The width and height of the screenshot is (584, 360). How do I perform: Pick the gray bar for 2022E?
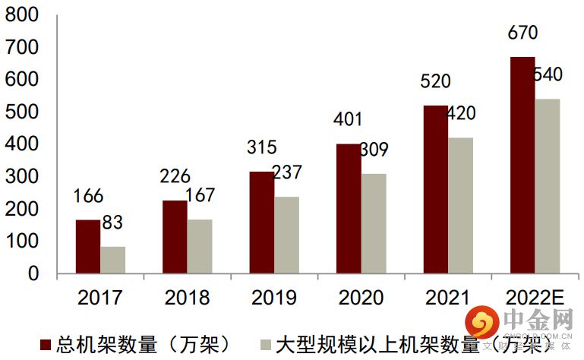tap(548, 185)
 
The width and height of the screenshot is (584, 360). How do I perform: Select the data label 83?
tap(112, 223)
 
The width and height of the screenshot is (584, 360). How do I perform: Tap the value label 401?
tap(348, 119)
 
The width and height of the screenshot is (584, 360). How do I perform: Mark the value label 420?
tap(459, 114)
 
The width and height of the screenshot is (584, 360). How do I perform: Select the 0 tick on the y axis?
tap(33, 273)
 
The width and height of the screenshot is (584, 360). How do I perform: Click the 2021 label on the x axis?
tap(447, 297)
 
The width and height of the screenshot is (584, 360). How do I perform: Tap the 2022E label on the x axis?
tap(535, 297)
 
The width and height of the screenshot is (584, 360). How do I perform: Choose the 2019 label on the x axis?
tap(273, 297)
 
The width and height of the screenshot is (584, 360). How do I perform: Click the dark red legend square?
tap(44, 344)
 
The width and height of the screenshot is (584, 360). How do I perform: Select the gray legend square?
tap(265, 344)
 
